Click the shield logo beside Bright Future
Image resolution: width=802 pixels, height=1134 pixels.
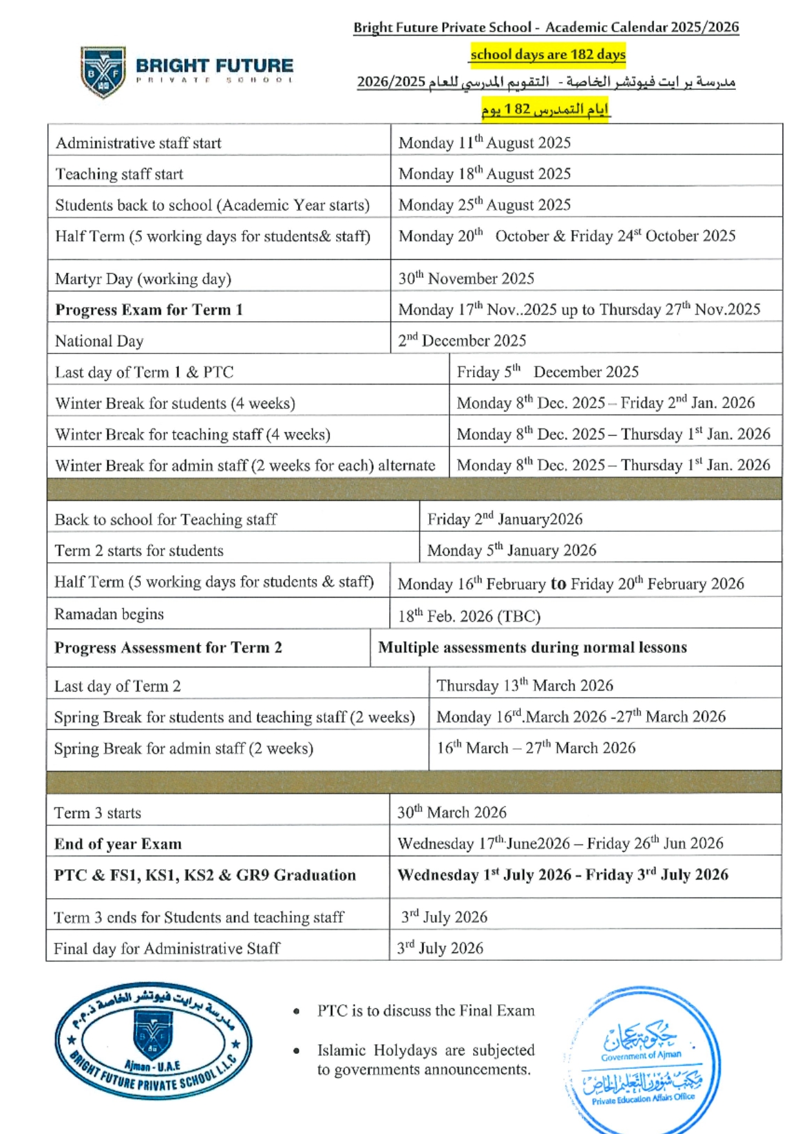103,71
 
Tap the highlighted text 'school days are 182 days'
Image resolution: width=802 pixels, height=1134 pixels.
547,54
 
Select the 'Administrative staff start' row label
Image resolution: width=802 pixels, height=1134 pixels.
138,143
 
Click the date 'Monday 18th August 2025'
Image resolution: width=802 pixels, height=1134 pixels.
484,173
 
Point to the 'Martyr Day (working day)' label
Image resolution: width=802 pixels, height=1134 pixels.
143,278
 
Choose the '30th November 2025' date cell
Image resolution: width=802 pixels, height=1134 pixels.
466,278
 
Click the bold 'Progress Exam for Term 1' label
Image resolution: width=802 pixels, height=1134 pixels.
149,310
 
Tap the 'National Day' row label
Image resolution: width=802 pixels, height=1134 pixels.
99,341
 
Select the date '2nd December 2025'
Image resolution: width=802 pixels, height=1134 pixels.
462,340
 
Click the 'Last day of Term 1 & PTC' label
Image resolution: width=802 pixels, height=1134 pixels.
144,372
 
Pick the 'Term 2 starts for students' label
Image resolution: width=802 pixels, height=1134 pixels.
139,551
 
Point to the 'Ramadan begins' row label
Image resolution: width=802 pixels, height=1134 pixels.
109,614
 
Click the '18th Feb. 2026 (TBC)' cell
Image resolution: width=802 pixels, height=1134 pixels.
469,616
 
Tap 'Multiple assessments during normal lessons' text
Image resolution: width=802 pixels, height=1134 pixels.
532,647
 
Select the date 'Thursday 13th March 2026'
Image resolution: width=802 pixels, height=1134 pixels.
524,685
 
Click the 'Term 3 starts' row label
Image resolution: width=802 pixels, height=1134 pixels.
98,813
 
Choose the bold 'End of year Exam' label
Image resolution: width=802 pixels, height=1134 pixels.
118,844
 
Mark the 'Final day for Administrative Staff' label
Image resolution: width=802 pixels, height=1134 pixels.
167,949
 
